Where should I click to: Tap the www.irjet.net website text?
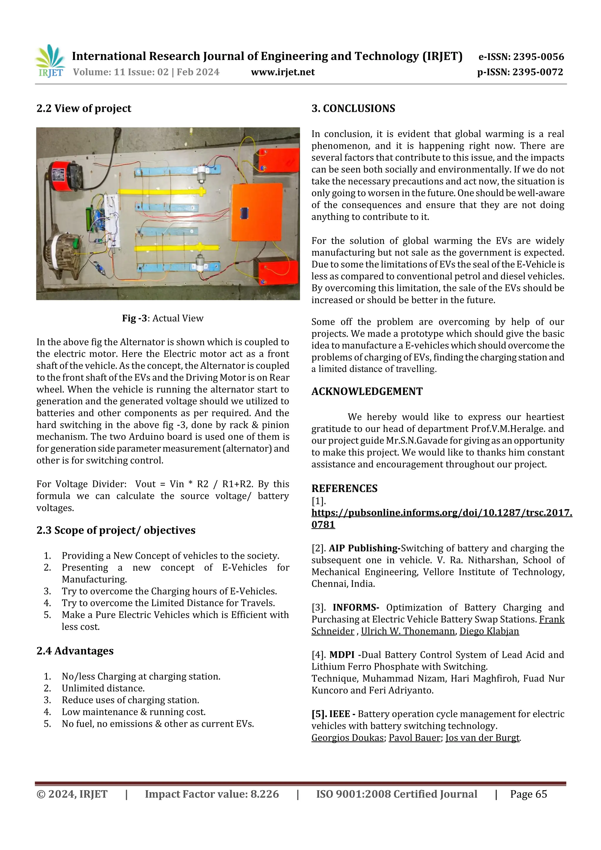pyautogui.click(x=283, y=72)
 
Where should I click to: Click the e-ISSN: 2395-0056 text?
pyautogui.click(x=521, y=57)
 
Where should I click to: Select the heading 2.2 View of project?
pyautogui.click(x=84, y=109)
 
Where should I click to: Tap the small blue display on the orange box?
pyautogui.click(x=244, y=214)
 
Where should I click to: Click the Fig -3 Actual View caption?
pyautogui.click(x=163, y=318)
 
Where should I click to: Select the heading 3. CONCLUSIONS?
pyautogui.click(x=353, y=109)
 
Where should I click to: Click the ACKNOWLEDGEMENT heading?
pyautogui.click(x=367, y=391)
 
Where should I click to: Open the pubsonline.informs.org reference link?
pyautogui.click(x=441, y=513)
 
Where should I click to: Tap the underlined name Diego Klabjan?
pyautogui.click(x=489, y=631)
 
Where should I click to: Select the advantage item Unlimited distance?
pyautogui.click(x=103, y=688)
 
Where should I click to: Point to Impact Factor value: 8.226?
pyautogui.click(x=212, y=794)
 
